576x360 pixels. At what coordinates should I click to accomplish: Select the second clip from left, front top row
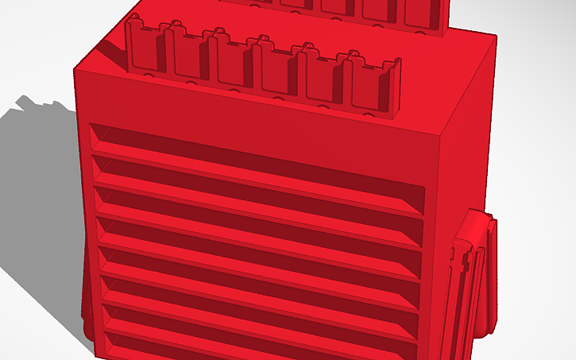point(191,56)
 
